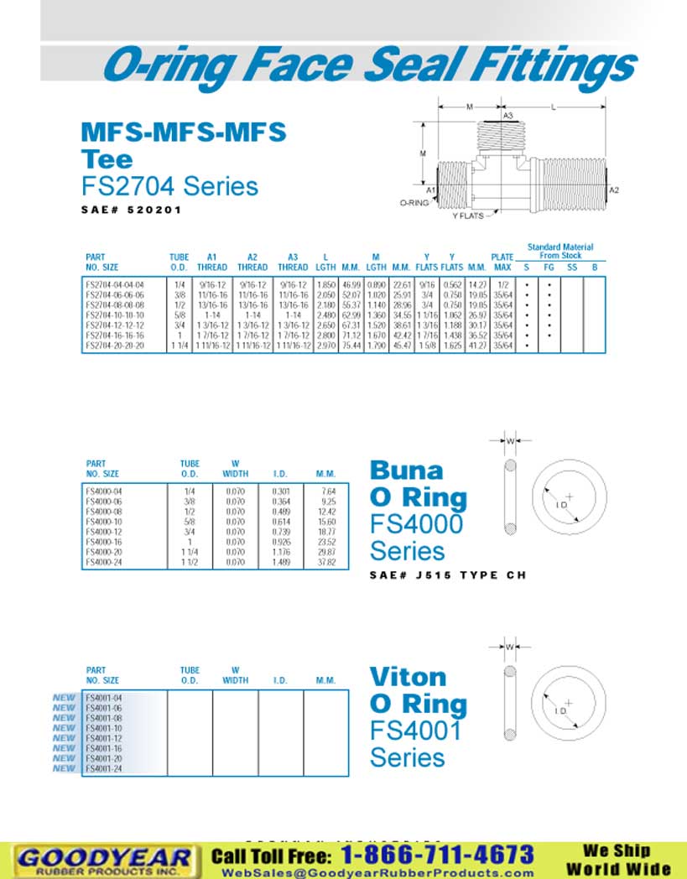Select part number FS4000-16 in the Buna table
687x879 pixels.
(104, 542)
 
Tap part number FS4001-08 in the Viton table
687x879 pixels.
(104, 719)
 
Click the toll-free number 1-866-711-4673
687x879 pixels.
(437, 855)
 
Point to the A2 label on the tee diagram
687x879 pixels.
(614, 190)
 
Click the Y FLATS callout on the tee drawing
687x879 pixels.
(470, 216)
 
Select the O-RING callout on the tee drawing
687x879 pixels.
(414, 203)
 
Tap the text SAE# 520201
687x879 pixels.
(132, 210)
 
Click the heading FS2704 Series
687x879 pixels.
(169, 185)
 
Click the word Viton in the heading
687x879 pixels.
(408, 676)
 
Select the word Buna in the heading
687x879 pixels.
(406, 470)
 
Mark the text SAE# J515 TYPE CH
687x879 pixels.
(447, 575)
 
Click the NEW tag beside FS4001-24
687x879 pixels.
(65, 768)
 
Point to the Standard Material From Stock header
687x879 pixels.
(559, 251)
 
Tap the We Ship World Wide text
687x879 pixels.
(618, 860)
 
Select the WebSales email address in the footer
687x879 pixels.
(377, 872)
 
